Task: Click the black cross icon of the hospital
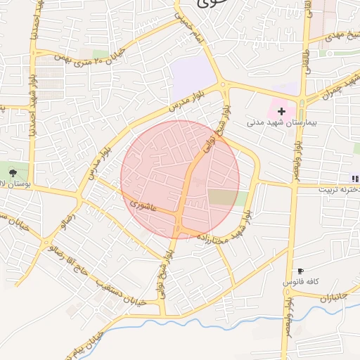click(282, 111)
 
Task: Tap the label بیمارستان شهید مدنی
click(278, 122)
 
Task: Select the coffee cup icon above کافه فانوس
click(300, 271)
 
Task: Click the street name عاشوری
click(145, 204)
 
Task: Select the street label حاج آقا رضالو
click(77, 266)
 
